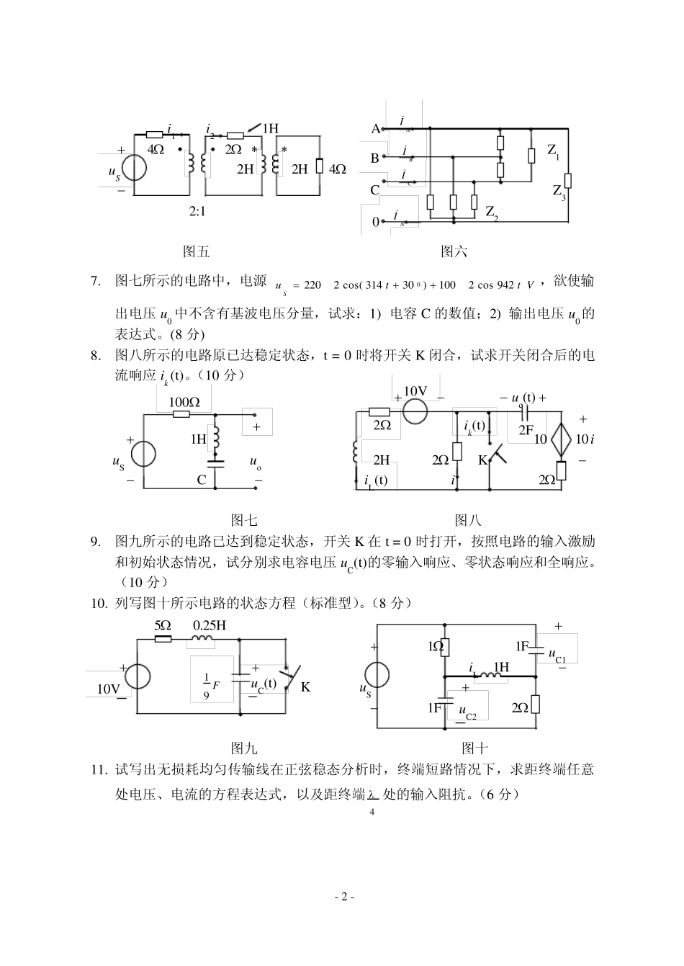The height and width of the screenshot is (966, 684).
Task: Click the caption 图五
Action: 196,251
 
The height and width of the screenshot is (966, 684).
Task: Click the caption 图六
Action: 454,251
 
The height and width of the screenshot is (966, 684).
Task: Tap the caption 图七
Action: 243,520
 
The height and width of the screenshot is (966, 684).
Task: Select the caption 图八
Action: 468,520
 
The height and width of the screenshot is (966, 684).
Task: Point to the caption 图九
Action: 243,748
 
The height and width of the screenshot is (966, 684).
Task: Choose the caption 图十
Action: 475,748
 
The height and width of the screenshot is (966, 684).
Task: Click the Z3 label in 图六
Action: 559,192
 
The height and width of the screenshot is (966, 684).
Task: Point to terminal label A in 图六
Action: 375,129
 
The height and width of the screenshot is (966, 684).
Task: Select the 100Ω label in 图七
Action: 184,402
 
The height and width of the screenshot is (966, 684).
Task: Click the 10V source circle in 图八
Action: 415,411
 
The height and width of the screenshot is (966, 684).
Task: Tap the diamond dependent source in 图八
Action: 561,439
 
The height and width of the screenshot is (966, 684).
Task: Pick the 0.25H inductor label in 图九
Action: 209,625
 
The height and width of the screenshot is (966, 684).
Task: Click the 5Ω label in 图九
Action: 163,625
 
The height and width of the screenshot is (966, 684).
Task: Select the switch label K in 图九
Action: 305,687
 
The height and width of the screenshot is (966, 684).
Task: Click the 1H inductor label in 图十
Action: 501,667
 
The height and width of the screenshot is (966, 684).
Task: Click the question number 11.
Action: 99,769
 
